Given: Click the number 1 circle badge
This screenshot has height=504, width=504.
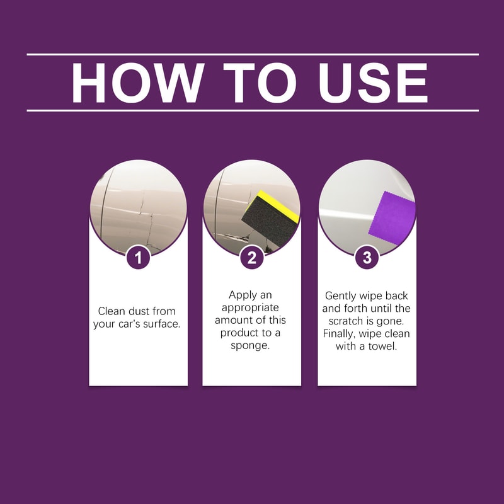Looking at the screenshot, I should [x=138, y=257].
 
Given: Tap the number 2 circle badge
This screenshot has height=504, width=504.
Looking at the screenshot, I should [x=252, y=257].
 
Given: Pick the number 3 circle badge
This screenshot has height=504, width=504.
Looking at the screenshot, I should [x=367, y=257].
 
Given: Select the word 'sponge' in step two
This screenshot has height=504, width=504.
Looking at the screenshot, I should [x=251, y=346].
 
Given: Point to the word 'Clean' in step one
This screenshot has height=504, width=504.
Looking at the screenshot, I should [x=112, y=311].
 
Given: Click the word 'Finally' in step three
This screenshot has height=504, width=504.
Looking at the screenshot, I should [x=341, y=334].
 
